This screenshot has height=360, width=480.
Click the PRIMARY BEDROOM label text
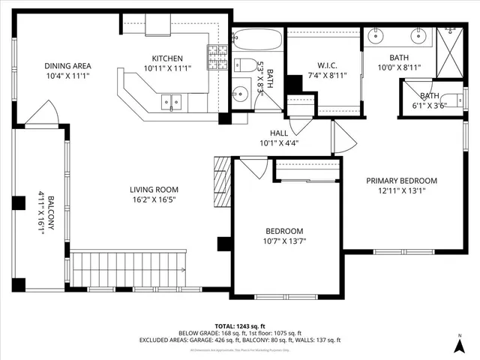401,181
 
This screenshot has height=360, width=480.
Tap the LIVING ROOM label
154,190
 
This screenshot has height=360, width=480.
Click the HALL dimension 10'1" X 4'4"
279,143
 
